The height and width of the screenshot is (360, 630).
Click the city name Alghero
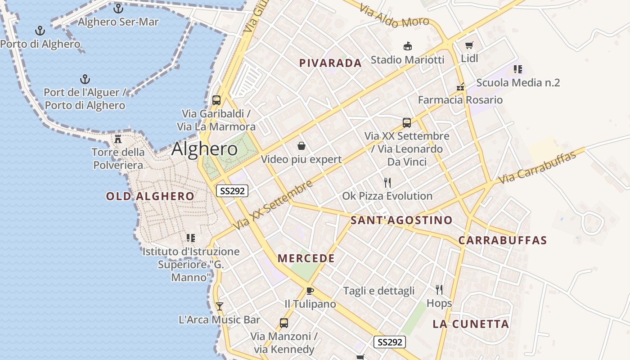pyautogui.click(x=204, y=149)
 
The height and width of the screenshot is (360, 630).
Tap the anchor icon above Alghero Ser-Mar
pyautogui.click(x=118, y=8)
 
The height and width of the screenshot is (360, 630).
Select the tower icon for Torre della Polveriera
pyautogui.click(x=118, y=139)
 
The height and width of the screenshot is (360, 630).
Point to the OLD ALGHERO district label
pyautogui.click(x=150, y=196)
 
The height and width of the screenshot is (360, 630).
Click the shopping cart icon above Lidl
pyautogui.click(x=469, y=45)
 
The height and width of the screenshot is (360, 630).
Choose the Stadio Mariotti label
pyautogui.click(x=407, y=59)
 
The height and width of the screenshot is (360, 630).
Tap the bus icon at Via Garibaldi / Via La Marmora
pyautogui.click(x=216, y=100)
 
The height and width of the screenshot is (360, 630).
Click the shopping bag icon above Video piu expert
pyautogui.click(x=301, y=146)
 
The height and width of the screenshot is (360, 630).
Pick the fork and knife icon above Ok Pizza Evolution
pyautogui.click(x=387, y=182)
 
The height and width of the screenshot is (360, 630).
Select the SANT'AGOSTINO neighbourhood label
pyautogui.click(x=401, y=220)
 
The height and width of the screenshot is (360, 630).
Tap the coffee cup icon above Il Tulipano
pyautogui.click(x=310, y=291)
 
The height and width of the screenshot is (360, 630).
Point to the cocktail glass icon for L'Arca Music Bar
pyautogui.click(x=220, y=306)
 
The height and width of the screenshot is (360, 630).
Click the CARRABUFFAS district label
pyautogui.click(x=503, y=240)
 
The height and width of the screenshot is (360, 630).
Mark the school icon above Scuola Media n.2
pyautogui.click(x=517, y=69)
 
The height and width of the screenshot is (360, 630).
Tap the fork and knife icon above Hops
pyautogui.click(x=439, y=289)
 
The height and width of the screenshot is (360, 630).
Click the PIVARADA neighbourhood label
pyautogui.click(x=330, y=63)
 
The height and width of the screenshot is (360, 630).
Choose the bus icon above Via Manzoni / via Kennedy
pyautogui.click(x=284, y=323)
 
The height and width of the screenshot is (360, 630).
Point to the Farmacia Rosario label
pyautogui.click(x=460, y=100)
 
